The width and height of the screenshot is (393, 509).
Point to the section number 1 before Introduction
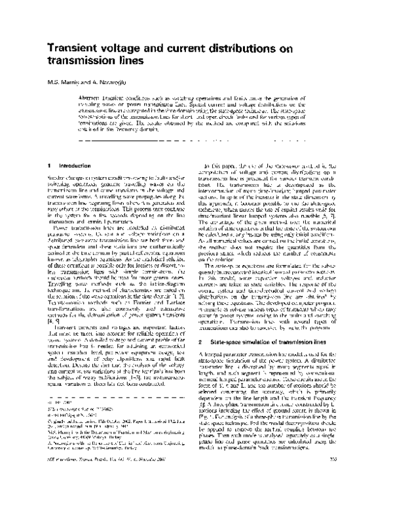coord(51,166)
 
